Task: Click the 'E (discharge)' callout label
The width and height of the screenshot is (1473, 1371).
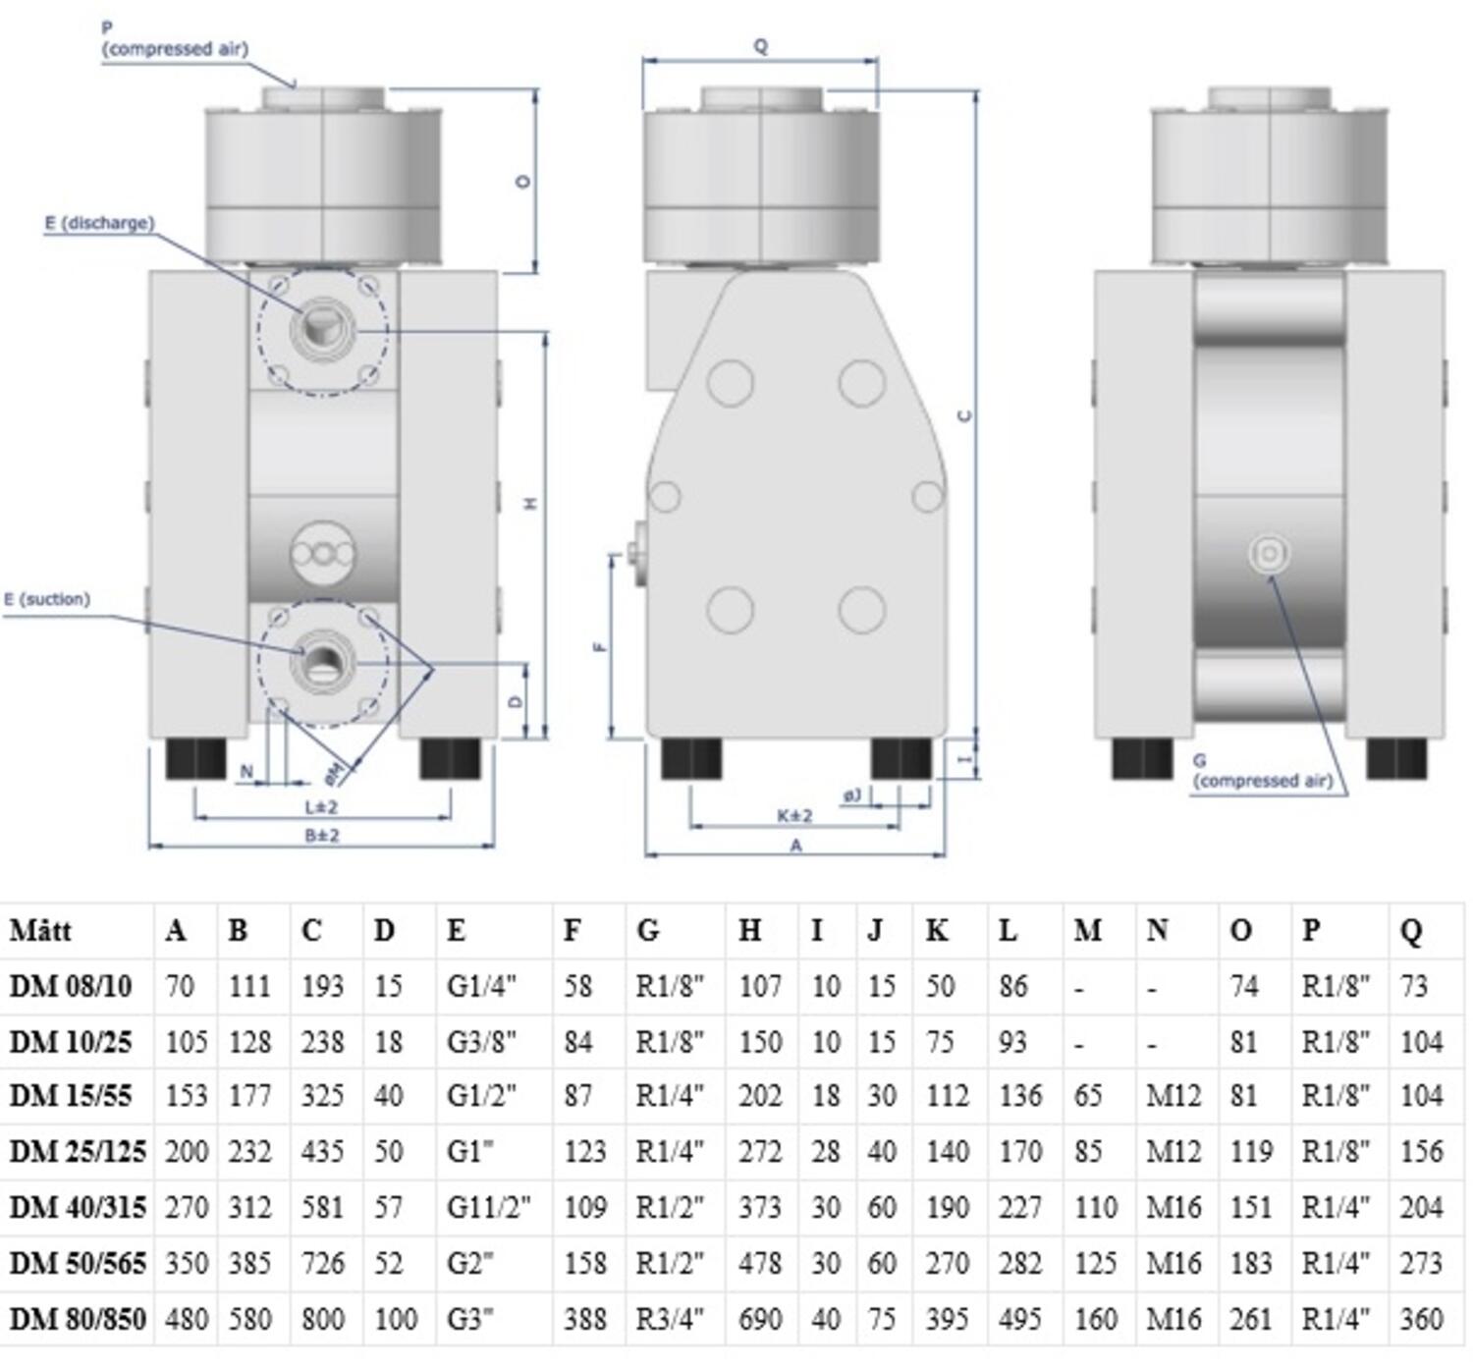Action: click(x=99, y=223)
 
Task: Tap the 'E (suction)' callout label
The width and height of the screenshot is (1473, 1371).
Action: click(x=47, y=599)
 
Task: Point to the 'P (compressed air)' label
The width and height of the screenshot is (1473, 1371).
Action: click(x=175, y=41)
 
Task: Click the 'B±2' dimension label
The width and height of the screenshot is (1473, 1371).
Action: click(x=321, y=836)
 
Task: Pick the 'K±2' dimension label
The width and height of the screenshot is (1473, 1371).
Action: click(x=794, y=816)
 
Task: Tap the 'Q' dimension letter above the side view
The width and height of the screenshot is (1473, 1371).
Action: click(x=760, y=46)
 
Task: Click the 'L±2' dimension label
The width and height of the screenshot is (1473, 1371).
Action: click(x=321, y=807)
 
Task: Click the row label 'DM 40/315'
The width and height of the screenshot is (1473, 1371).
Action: click(x=77, y=1207)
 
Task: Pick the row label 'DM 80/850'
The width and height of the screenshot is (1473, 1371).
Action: click(x=77, y=1318)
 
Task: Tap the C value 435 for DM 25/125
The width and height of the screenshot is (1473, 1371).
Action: click(x=322, y=1151)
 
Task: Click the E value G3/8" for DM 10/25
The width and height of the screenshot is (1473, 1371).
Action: click(x=481, y=1041)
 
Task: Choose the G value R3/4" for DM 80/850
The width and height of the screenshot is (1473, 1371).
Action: click(x=670, y=1318)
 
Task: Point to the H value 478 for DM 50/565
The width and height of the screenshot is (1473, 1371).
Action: click(x=759, y=1263)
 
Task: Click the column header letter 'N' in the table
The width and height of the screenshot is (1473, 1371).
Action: click(x=1157, y=930)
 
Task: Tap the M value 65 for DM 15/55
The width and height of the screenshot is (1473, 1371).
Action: click(x=1087, y=1096)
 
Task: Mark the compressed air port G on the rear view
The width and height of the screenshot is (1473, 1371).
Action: click(x=1269, y=554)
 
